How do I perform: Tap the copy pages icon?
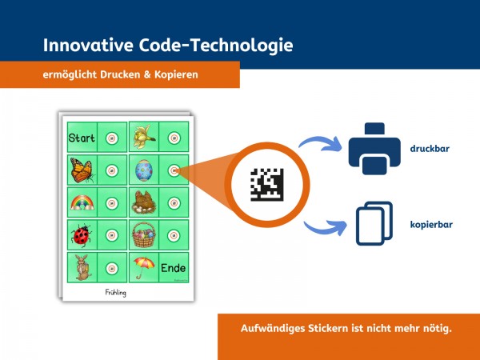[374, 223]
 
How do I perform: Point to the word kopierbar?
[431, 225]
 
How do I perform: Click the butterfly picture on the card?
[82, 170]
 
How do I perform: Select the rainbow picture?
[82, 202]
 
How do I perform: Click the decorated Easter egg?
[143, 170]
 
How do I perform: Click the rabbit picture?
[81, 266]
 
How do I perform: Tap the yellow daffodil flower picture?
[143, 137]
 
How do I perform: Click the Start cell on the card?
[82, 138]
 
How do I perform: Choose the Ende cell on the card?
[174, 267]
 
